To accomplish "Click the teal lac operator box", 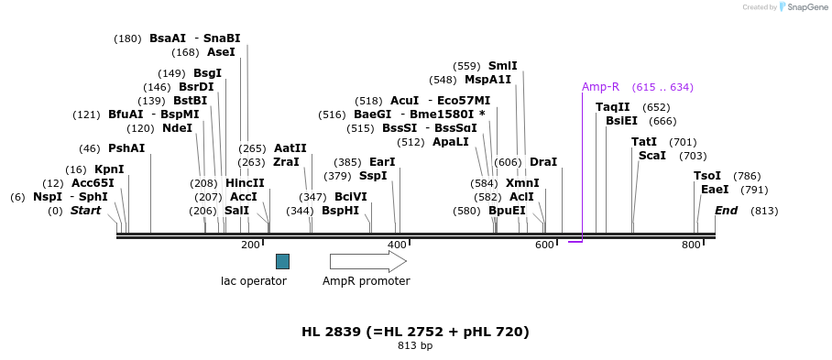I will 282,261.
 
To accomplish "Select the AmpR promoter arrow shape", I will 367,261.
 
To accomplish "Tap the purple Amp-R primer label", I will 600,87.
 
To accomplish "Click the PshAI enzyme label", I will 126,148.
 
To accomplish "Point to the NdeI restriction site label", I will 178,128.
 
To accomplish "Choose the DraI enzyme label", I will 543,162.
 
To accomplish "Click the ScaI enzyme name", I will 652,156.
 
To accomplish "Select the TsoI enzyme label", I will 707,176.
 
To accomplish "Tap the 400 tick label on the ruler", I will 397,245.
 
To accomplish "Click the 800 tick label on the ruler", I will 691,245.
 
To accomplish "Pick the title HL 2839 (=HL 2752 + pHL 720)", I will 415,332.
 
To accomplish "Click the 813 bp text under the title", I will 415,346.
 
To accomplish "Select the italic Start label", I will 85,211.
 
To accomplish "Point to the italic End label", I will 726,211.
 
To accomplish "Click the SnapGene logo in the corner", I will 798,6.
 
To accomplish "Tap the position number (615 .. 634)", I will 662,87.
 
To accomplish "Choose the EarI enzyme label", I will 382,162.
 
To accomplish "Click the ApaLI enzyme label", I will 451,142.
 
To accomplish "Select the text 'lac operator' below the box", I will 254,281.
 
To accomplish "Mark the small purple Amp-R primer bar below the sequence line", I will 575,242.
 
